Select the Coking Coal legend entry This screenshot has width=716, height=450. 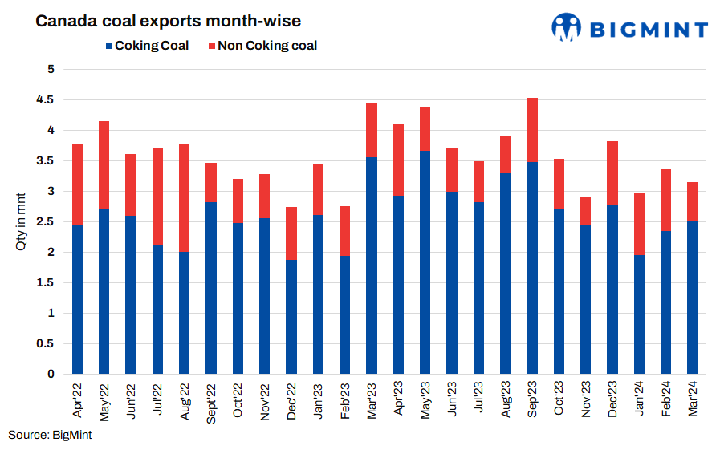[146, 46]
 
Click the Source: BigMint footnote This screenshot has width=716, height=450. [51, 434]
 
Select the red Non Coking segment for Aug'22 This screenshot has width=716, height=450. [184, 197]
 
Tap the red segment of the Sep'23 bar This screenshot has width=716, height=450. [532, 130]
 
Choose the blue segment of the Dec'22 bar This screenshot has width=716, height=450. [291, 317]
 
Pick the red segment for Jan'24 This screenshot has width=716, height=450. [639, 224]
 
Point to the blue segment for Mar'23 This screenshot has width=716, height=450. [372, 266]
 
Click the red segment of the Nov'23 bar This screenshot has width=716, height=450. [586, 211]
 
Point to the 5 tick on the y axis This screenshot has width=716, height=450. [50, 69]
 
